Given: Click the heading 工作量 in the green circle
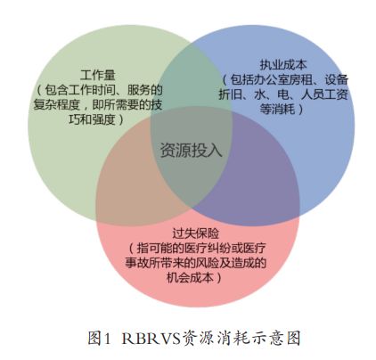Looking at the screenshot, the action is (x=98, y=75).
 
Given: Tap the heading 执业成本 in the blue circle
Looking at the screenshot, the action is (x=283, y=64).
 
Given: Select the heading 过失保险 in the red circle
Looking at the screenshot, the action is (x=195, y=233).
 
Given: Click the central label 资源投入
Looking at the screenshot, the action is (x=191, y=150).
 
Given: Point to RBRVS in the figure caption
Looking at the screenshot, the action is (x=151, y=338).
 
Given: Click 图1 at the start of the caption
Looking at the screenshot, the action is (x=100, y=338).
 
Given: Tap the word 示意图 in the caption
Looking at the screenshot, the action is (x=278, y=338).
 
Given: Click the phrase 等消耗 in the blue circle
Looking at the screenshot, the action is (x=277, y=109).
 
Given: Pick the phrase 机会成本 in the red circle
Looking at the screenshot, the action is (x=190, y=278).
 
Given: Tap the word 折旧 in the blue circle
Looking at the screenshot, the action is (x=230, y=94).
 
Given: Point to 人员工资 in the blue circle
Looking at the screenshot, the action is (x=324, y=94).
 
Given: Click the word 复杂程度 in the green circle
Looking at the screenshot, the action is (x=57, y=104).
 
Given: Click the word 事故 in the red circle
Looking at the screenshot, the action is (x=136, y=263).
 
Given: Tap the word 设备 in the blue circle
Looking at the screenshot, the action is (x=336, y=79).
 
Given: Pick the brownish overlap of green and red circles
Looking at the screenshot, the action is (x=131, y=178).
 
